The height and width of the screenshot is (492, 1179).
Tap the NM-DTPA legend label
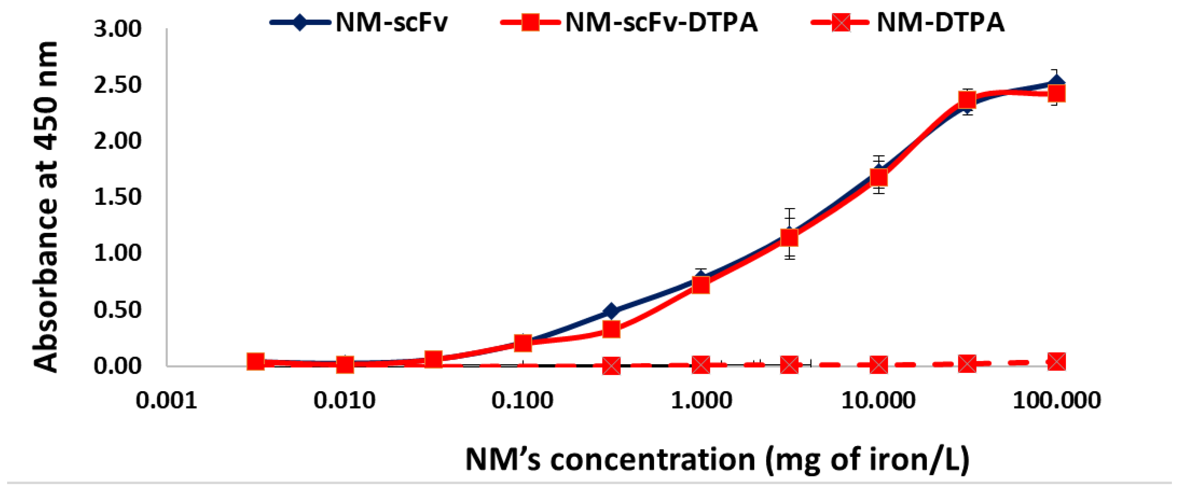(940, 22)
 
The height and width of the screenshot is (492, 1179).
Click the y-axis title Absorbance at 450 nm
(46, 206)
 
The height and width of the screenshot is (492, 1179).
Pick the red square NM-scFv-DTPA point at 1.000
(701, 285)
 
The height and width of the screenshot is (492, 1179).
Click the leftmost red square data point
(256, 361)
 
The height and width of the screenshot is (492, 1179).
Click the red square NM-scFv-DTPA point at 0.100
(523, 343)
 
